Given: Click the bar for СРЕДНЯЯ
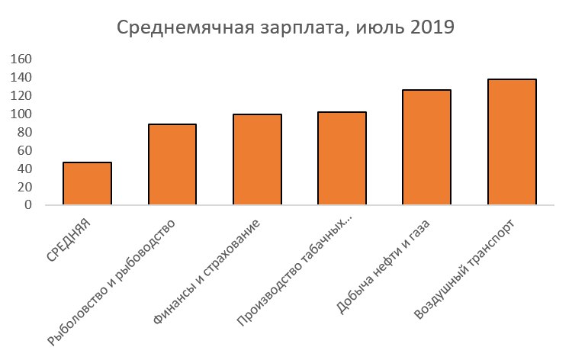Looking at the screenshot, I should pyautogui.click(x=87, y=184).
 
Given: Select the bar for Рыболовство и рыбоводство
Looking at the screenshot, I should pyautogui.click(x=172, y=165).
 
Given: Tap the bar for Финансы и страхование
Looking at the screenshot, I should pyautogui.click(x=257, y=159).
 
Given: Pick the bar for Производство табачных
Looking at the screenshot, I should pyautogui.click(x=342, y=159).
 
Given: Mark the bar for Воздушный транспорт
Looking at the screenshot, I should pyautogui.click(x=512, y=143).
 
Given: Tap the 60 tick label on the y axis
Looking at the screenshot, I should pyautogui.click(x=25, y=151).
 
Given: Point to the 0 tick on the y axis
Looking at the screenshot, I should pyautogui.click(x=28, y=205).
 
